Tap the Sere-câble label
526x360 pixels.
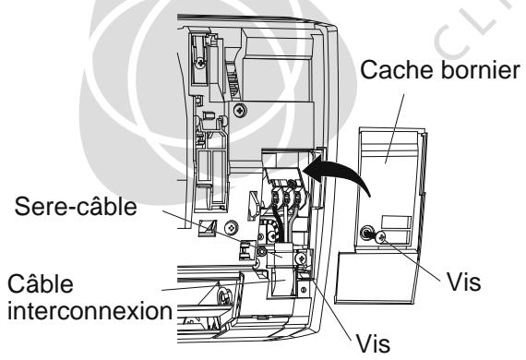coord(76,206)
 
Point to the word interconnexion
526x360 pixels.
coord(90,311)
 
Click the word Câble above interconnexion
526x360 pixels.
coord(41,283)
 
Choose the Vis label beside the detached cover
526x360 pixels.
coord(464,282)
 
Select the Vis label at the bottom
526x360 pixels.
coord(373,343)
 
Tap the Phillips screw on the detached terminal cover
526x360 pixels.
coord(380,237)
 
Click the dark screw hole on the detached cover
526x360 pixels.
coord(366,233)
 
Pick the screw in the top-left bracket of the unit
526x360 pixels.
coord(200,62)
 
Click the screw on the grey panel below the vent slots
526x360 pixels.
coord(240,110)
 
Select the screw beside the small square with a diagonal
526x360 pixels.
coord(231,228)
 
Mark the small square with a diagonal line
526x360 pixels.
coord(208,228)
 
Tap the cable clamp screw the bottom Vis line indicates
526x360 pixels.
coord(301,258)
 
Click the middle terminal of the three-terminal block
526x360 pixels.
coord(286,198)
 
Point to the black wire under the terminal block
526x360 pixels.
coord(278,223)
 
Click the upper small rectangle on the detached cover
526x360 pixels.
coord(396,222)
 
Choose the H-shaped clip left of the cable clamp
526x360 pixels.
coord(245,250)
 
